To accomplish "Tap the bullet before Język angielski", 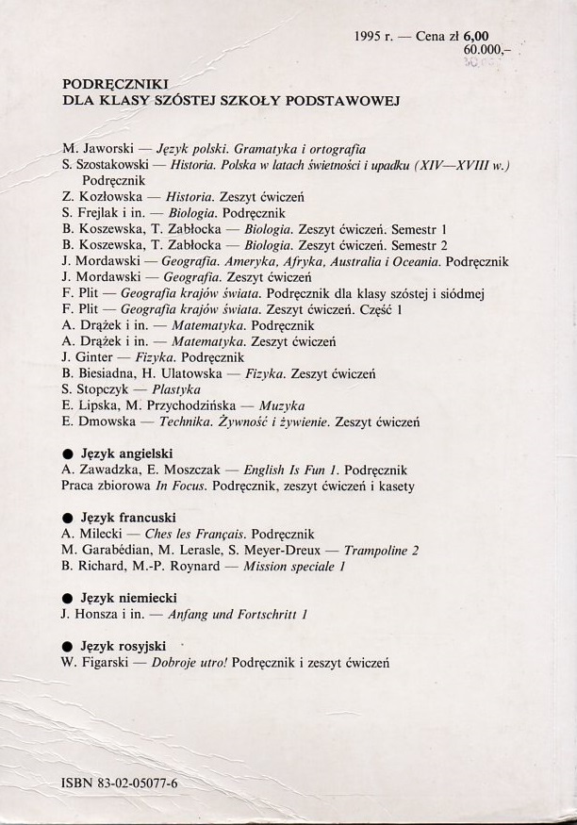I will [67, 453].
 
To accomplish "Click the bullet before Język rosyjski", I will [67, 647].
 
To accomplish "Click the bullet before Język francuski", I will [67, 518].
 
